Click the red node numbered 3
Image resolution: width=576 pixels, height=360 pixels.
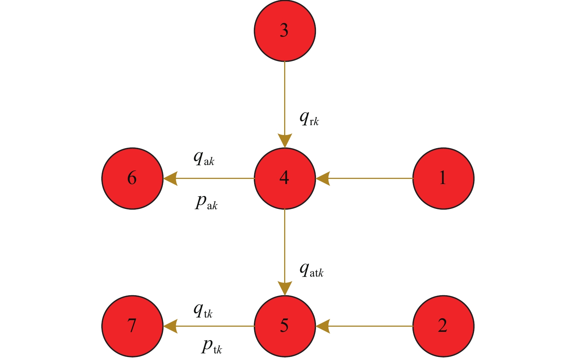(x=285, y=31)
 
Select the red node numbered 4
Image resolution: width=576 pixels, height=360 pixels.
(x=285, y=179)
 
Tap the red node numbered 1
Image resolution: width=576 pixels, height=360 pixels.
(x=443, y=179)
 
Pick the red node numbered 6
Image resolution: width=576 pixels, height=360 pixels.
(x=132, y=179)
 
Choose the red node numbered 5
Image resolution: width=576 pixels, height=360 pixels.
(x=285, y=326)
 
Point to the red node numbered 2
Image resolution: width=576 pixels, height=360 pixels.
(x=443, y=326)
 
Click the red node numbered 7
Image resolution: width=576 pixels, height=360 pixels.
(x=132, y=326)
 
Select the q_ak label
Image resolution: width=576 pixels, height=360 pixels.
(x=204, y=158)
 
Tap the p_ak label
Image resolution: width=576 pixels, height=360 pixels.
(x=206, y=202)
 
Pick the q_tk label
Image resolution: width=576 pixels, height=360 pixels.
(x=203, y=311)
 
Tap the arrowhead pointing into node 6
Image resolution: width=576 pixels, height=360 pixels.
(x=170, y=179)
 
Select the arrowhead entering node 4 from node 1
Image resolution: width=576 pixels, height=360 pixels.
(x=323, y=179)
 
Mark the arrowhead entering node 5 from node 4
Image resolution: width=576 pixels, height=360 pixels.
(x=285, y=288)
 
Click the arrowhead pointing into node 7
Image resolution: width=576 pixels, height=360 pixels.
(x=170, y=326)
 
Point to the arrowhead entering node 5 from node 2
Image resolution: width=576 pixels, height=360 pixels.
(x=323, y=326)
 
